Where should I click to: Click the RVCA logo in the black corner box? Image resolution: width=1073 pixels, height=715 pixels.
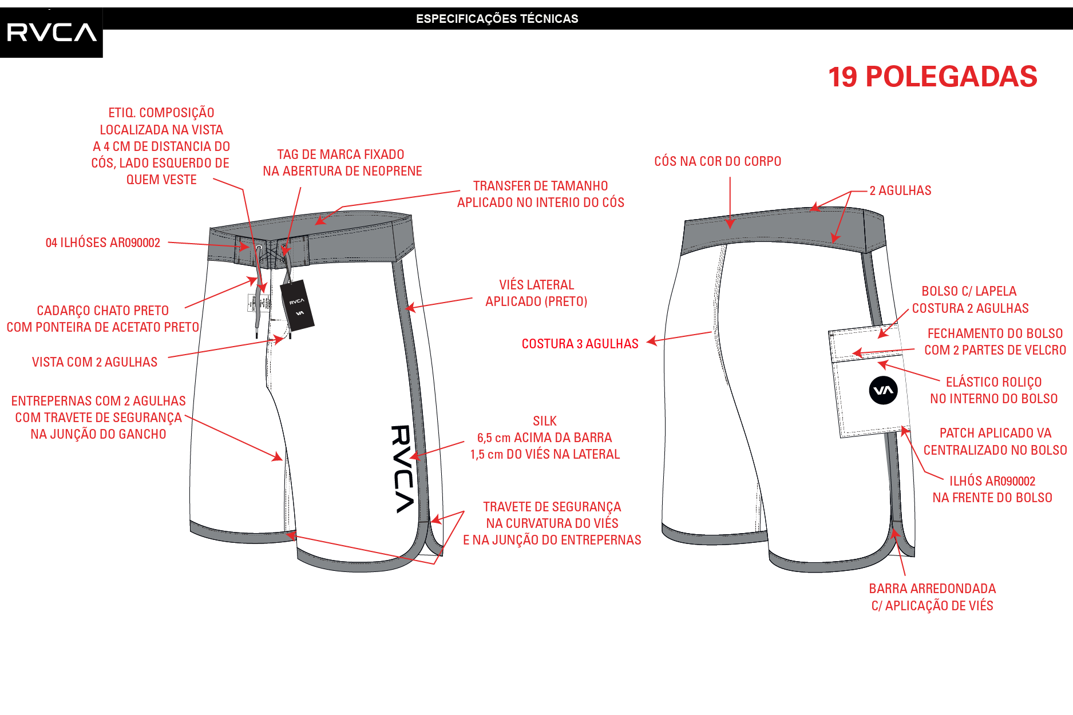(52, 32)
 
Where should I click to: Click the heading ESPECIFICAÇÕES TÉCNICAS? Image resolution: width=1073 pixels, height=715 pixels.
(497, 19)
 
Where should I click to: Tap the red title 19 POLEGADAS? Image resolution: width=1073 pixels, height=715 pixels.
(933, 77)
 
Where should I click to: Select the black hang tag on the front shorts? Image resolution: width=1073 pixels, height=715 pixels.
(297, 305)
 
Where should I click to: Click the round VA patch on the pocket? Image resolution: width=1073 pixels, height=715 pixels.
(883, 390)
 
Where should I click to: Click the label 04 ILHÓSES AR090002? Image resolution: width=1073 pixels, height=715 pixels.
(103, 243)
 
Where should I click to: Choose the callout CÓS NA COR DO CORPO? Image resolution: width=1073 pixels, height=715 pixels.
(718, 161)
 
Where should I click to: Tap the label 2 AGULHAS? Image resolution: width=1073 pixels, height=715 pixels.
(900, 190)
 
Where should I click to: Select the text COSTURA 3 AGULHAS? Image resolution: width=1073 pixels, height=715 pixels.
(580, 344)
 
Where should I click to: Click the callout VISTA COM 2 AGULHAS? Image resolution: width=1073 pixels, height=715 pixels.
(94, 362)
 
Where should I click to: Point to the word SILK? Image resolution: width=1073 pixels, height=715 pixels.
(544, 421)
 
